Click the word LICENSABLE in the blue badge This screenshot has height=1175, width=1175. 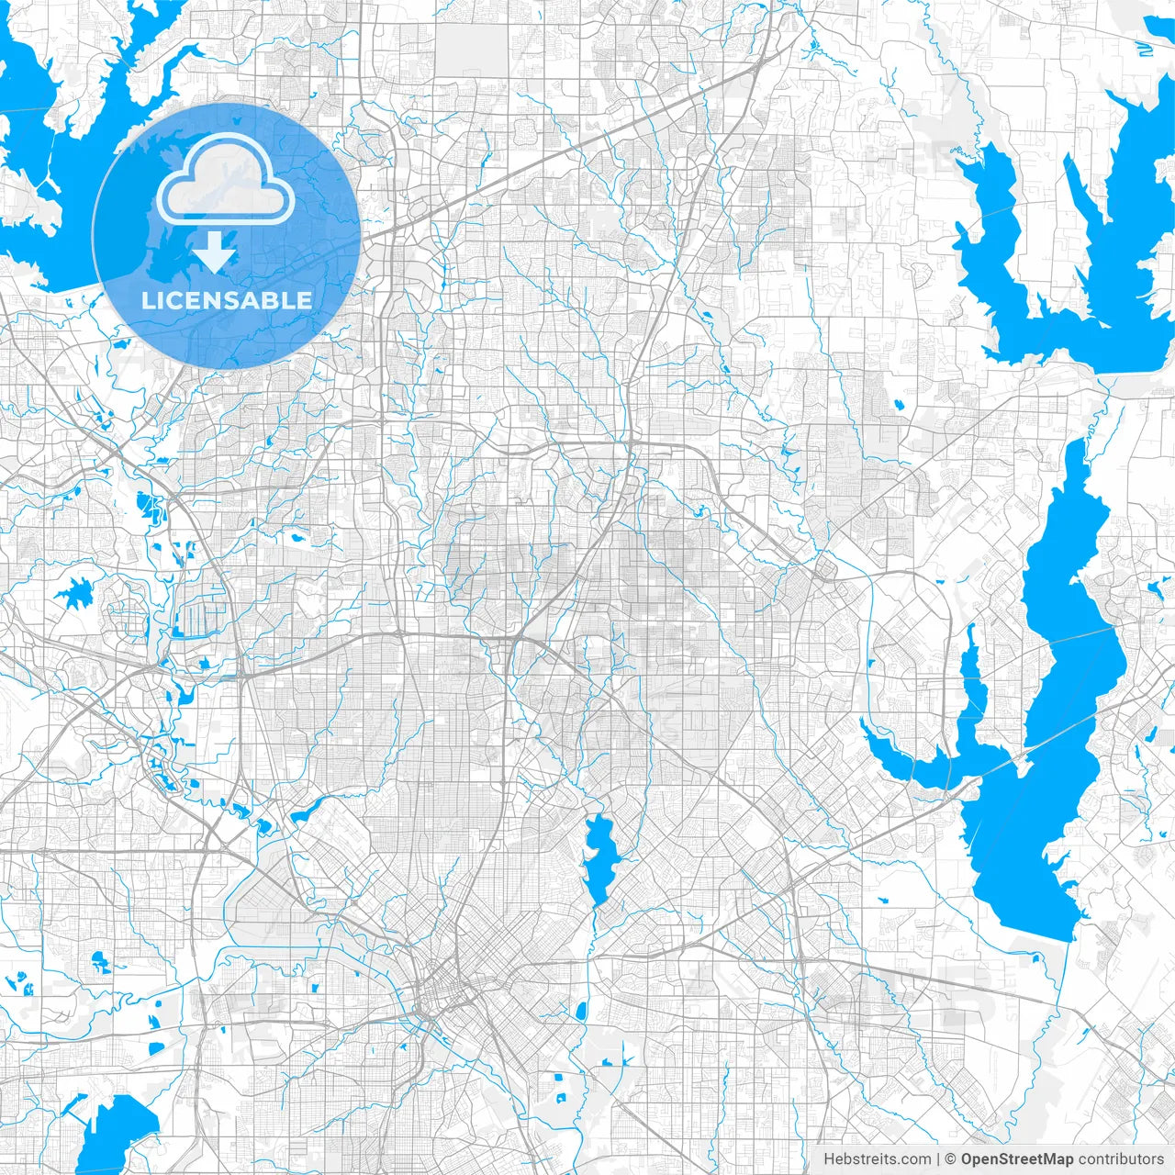226,300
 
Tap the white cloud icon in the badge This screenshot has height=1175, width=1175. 226,180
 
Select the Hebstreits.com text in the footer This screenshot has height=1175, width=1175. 877,1159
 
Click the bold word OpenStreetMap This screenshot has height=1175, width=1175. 1017,1159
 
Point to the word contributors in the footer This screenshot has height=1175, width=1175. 1121,1159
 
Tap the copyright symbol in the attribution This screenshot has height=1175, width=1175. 951,1159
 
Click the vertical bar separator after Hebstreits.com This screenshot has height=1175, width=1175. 938,1159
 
